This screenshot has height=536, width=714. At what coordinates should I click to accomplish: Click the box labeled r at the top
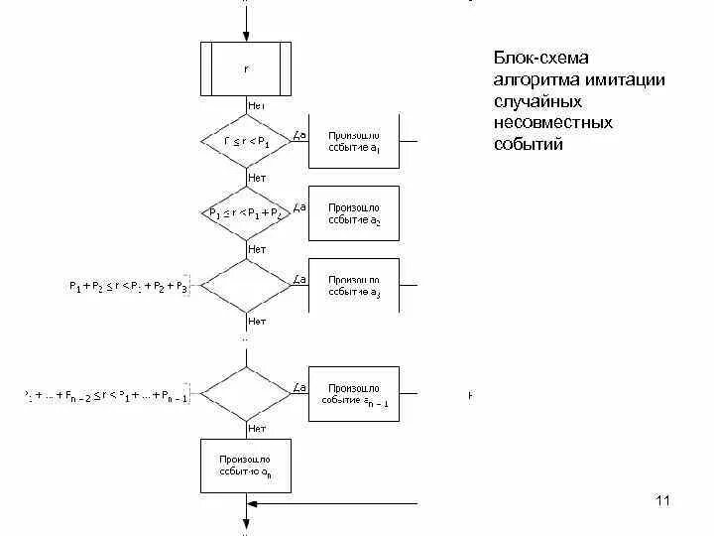click(246, 68)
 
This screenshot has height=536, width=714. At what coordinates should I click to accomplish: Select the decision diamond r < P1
click(246, 142)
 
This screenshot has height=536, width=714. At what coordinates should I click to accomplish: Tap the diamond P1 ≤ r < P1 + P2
click(246, 212)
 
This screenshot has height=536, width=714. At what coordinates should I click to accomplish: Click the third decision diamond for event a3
click(246, 286)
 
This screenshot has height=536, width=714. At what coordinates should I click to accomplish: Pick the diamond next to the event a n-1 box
click(246, 394)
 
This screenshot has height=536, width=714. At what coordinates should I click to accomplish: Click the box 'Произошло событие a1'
click(354, 141)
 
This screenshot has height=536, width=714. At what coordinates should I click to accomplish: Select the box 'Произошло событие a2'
click(354, 212)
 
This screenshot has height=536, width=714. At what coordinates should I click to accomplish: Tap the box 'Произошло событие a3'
click(354, 286)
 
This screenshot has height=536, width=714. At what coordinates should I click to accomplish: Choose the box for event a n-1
click(354, 393)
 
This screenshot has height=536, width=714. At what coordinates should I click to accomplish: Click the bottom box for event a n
click(246, 466)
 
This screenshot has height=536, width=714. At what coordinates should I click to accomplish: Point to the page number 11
click(663, 499)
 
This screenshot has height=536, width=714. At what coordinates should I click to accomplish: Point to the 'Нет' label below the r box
click(256, 104)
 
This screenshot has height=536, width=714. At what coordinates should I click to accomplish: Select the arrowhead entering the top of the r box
click(246, 38)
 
